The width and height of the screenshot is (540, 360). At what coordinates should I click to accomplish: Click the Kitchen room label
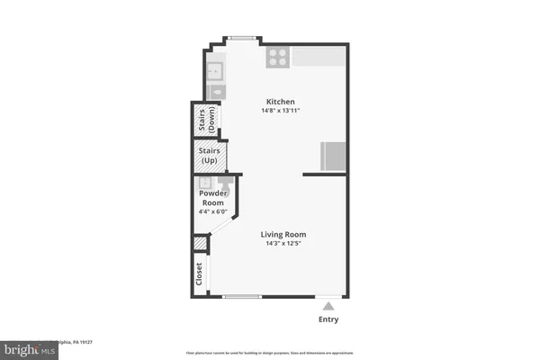280,102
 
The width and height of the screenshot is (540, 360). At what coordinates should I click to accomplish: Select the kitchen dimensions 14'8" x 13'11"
280,111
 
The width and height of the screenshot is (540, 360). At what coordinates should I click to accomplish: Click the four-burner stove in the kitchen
277,57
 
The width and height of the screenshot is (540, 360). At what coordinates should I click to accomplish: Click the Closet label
200,274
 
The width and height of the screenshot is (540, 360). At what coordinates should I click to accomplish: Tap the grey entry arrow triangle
328,306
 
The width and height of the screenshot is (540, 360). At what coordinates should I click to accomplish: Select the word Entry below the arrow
328,319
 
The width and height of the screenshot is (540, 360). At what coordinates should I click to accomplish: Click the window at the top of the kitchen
240,38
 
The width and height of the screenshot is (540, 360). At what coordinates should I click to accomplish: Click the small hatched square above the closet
200,244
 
